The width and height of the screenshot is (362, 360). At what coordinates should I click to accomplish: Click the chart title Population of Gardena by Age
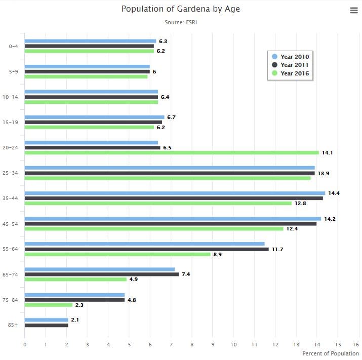[180, 9]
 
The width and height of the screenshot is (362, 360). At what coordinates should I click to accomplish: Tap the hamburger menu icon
[354, 11]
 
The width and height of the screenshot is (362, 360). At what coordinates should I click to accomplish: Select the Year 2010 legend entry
[291, 57]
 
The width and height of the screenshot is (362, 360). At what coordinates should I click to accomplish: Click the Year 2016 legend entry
[291, 73]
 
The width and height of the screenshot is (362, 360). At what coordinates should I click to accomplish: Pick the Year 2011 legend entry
[291, 65]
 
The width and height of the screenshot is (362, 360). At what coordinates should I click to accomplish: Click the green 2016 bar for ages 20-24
[172, 152]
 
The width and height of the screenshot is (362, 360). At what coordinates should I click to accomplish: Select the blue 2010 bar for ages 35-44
[175, 193]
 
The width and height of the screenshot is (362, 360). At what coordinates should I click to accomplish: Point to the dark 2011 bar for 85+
[46, 325]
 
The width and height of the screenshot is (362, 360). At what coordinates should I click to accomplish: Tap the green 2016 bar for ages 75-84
[49, 305]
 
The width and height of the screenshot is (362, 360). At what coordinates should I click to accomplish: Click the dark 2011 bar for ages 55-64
[146, 249]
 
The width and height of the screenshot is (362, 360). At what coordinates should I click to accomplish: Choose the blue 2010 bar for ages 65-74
[100, 269]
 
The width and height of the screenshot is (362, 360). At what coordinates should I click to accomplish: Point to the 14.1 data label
[327, 152]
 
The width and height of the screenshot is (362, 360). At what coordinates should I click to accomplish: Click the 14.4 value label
[333, 193]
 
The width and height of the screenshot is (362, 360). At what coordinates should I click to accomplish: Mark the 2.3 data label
[79, 305]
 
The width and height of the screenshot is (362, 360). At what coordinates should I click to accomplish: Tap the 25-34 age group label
[10, 173]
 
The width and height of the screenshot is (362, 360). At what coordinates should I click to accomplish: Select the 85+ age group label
[13, 325]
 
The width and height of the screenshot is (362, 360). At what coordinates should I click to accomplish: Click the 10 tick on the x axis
[233, 345]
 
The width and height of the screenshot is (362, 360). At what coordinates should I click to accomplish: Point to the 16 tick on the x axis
[358, 345]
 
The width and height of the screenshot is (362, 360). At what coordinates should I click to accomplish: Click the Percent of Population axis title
[330, 353]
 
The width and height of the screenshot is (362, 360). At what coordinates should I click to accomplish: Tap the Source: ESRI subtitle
[180, 22]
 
